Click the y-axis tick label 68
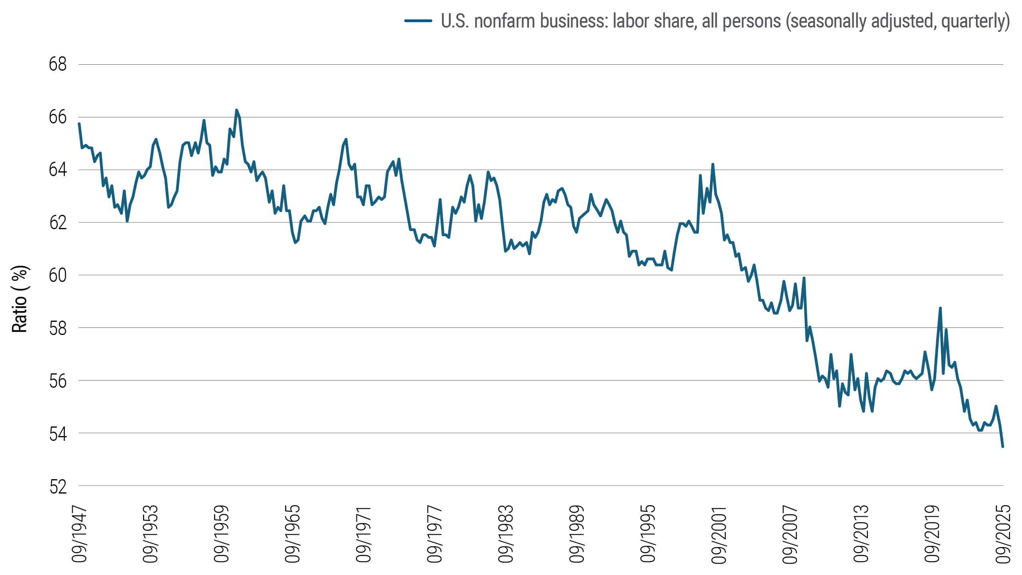coord(57,64)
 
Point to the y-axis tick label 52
coord(57,487)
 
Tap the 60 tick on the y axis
coord(57,275)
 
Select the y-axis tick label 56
coord(57,381)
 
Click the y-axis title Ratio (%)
coord(19,299)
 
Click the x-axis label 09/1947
coord(79,534)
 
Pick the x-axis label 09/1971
coord(363,534)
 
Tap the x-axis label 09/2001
coord(719,534)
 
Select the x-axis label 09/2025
coord(1003,534)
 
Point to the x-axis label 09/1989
coord(576,534)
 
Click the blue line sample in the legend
coord(418,21)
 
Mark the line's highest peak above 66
coord(236,110)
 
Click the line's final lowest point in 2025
coord(1002,446)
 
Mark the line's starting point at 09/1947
coord(79,124)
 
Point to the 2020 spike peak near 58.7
coord(940,308)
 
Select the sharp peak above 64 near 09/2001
coord(713,164)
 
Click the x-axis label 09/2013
coord(861,534)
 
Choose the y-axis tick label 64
coord(57,170)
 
